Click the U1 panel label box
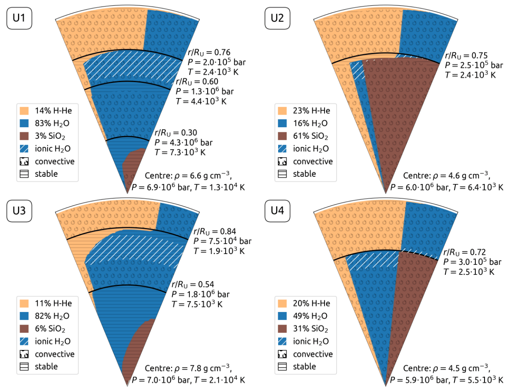point(19,19)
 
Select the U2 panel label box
point(278,19)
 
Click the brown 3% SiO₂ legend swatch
point(24,136)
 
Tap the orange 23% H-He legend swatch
point(283,111)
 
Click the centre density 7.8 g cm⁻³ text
point(188,368)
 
